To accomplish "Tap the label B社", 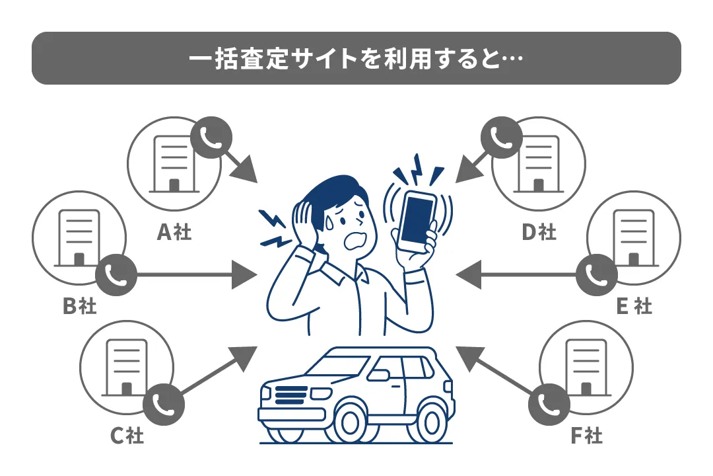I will tap(79, 306).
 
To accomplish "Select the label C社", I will tap(126, 436).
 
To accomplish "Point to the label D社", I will tap(539, 232).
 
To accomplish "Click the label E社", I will tap(634, 306).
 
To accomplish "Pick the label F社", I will tap(586, 436).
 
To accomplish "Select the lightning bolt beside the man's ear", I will tap(273, 227).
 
